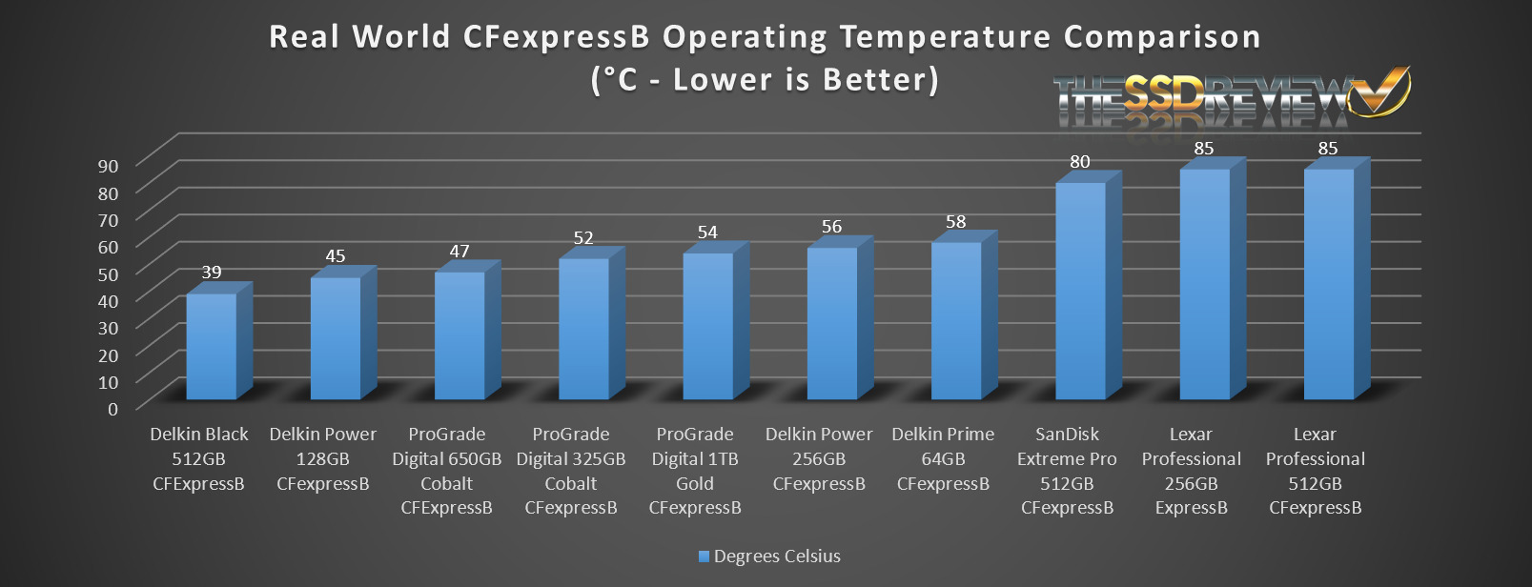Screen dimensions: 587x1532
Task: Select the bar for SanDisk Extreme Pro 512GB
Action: pyautogui.click(x=1080, y=291)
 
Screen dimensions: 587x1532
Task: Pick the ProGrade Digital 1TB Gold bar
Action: pyautogui.click(x=707, y=326)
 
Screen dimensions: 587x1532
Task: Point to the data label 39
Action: pyautogui.click(x=212, y=273)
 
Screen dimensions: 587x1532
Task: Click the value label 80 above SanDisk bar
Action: pyautogui.click(x=1080, y=162)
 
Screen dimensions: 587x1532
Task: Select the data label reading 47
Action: pyautogui.click(x=460, y=252)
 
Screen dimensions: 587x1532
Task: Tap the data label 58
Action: pyautogui.click(x=956, y=222)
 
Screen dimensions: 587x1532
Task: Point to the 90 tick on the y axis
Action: pyautogui.click(x=108, y=166)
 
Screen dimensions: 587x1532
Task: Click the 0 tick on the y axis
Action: pyautogui.click(x=113, y=409)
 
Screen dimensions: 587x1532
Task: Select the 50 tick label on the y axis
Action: pyautogui.click(x=108, y=274)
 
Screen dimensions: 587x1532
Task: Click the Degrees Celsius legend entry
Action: pyautogui.click(x=769, y=557)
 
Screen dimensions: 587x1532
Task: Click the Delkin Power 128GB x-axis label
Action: pyautogui.click(x=323, y=458)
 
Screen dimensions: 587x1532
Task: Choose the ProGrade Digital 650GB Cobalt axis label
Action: pyautogui.click(x=447, y=471)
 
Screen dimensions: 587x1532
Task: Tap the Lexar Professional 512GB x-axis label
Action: pyautogui.click(x=1316, y=471)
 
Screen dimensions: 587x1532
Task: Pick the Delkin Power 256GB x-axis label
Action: pyautogui.click(x=819, y=458)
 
